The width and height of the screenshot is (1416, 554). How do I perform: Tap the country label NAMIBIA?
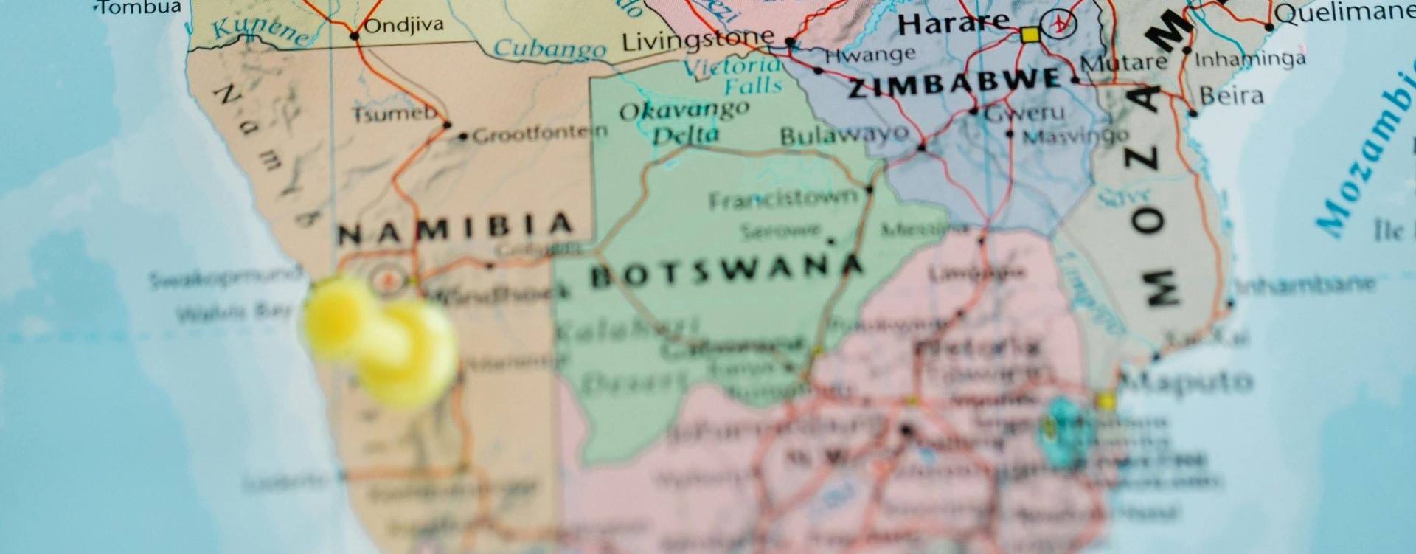pyautogui.click(x=455, y=230)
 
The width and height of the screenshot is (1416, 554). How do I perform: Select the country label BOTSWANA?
pyautogui.click(x=726, y=272)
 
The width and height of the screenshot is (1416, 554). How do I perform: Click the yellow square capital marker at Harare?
pyautogui.click(x=1029, y=34)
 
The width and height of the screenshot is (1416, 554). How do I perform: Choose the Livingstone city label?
pyautogui.click(x=698, y=41)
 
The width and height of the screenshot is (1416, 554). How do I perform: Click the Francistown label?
pyautogui.click(x=784, y=199)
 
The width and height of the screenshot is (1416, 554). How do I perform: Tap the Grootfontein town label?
pyautogui.click(x=540, y=134)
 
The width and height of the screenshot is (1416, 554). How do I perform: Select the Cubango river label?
pyautogui.click(x=549, y=49)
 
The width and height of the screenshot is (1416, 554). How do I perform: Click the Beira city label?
pyautogui.click(x=1231, y=96)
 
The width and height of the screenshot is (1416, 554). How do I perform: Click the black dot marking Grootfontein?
pyautogui.click(x=463, y=136)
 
